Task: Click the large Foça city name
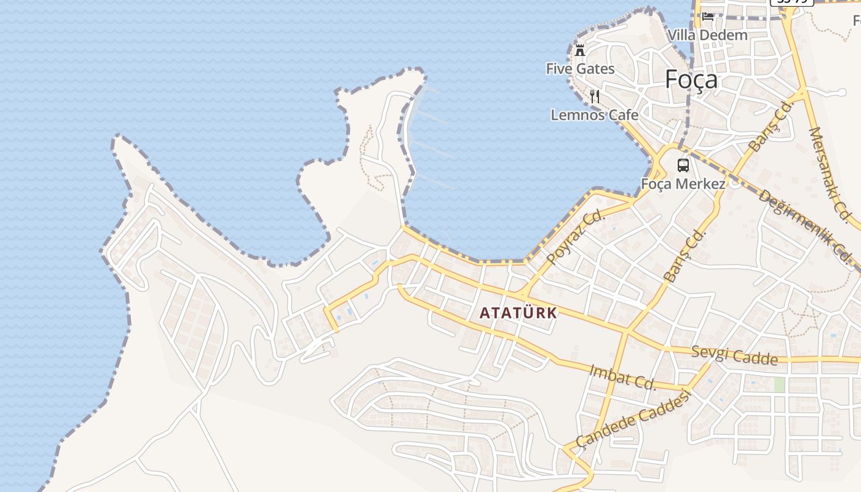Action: pos(691,80)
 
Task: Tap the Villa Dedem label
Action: pos(707,35)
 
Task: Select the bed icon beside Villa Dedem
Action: pos(708,17)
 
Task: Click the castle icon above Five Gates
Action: pos(579,50)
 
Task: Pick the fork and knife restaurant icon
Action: pos(594,97)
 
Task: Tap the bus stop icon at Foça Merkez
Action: pos(683,165)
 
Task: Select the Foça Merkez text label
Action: pos(683,184)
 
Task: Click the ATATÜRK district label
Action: pos(518,312)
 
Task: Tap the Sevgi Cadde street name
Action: pos(734,355)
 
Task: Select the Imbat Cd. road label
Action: pos(623,376)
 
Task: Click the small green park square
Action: pos(780,384)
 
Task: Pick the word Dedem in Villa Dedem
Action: pos(726,35)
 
